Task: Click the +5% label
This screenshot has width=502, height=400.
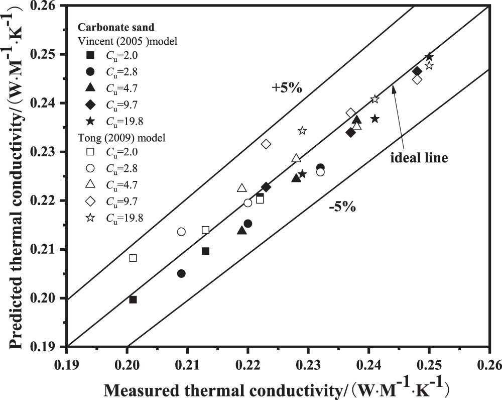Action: [x=287, y=88]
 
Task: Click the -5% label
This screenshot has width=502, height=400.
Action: [x=342, y=207]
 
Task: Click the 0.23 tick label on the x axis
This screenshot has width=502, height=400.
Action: [x=308, y=362]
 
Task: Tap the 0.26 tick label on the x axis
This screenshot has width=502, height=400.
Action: [x=489, y=362]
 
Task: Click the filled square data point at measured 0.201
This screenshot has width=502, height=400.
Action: [x=133, y=299]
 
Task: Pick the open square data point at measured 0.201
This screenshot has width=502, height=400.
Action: [x=133, y=258]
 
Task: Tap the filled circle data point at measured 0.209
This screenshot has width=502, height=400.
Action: [x=181, y=273]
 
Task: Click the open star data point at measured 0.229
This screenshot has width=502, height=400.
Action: [x=302, y=131]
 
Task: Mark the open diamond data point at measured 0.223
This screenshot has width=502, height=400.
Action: [x=266, y=144]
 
